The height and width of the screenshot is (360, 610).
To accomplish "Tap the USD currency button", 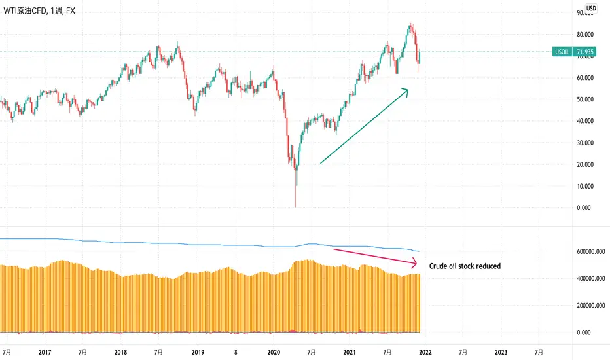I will [590, 9].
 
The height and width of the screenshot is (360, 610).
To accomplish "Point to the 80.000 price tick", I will [584, 35].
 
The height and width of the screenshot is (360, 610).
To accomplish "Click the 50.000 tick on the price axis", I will [584, 99].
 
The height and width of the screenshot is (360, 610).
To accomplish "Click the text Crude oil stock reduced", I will [465, 266].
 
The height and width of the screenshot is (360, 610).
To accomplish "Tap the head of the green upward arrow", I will [407, 90].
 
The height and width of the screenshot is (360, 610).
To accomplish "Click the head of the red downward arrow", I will [416, 264].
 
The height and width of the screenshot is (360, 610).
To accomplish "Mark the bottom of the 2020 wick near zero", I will [296, 207].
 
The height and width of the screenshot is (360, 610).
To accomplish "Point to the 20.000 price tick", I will [584, 165].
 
